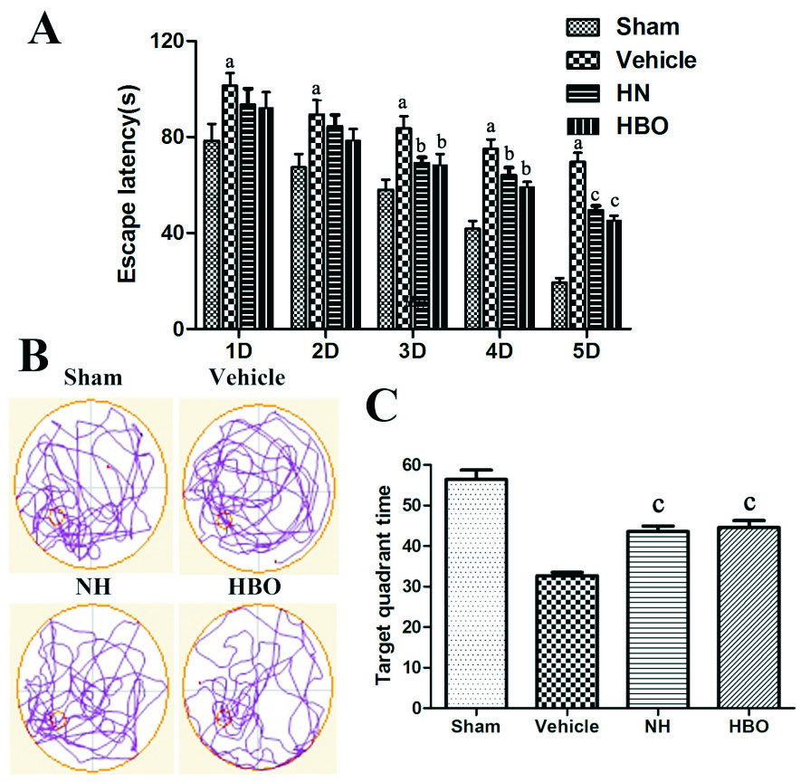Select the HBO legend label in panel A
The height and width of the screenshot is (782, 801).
coord(642,126)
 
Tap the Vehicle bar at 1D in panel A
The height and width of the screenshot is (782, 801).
coord(230,207)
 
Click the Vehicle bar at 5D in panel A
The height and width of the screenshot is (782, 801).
coord(576,245)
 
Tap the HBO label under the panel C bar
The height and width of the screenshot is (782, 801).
coord(753,727)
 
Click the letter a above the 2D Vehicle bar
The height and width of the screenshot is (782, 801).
coord(316,90)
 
